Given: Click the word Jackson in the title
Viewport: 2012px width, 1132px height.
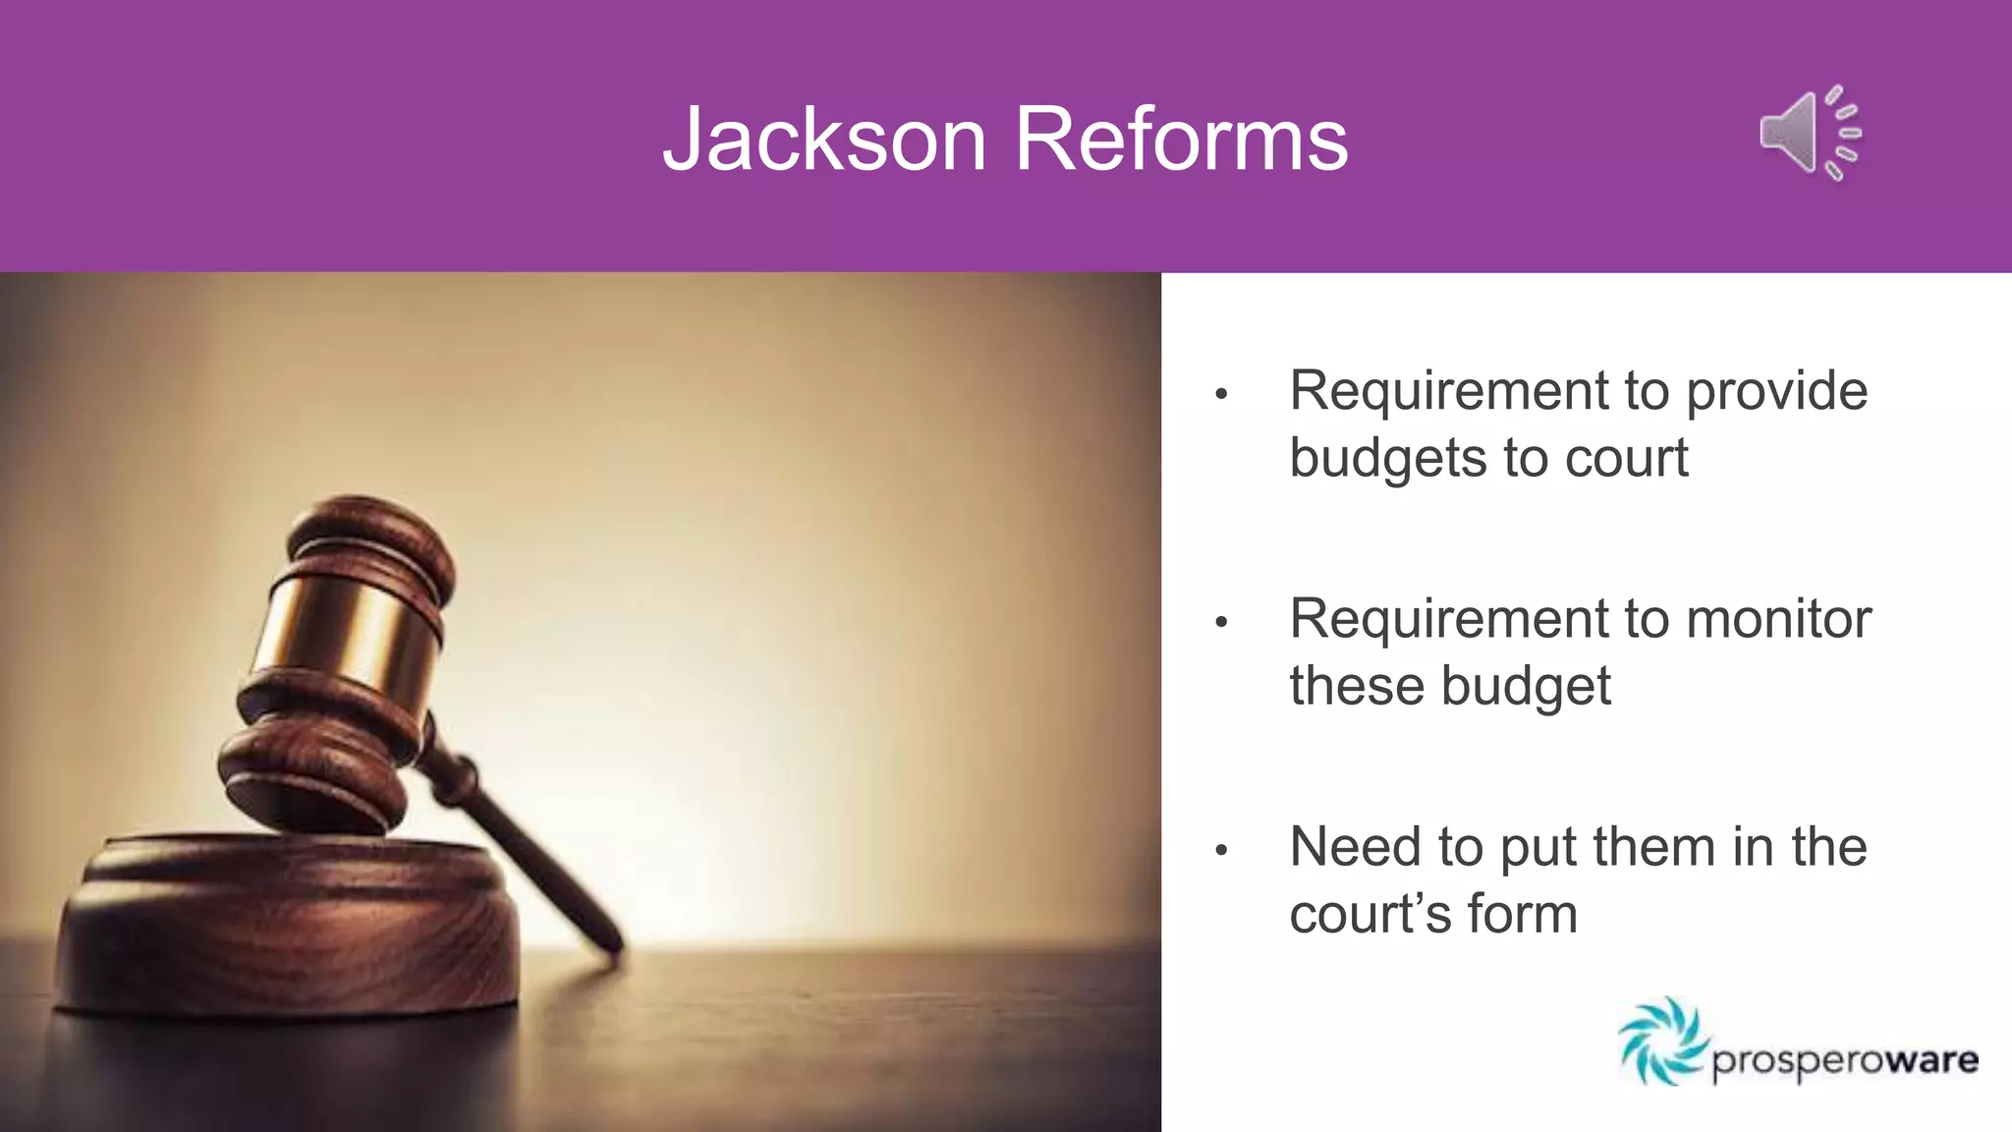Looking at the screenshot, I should pyautogui.click(x=823, y=140).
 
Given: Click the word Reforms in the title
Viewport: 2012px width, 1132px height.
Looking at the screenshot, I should pyautogui.click(x=1181, y=140).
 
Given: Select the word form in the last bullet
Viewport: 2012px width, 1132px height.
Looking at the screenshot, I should pyautogui.click(x=1523, y=914).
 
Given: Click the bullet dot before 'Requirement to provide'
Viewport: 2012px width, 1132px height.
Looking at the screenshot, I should pyautogui.click(x=1221, y=394).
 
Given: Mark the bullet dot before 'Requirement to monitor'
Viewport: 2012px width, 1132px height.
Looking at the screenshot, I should pyautogui.click(x=1221, y=622).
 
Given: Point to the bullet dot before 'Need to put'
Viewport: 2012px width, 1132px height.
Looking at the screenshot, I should pyautogui.click(x=1221, y=850).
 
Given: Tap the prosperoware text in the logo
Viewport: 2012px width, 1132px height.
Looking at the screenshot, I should pyautogui.click(x=1845, y=1062).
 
